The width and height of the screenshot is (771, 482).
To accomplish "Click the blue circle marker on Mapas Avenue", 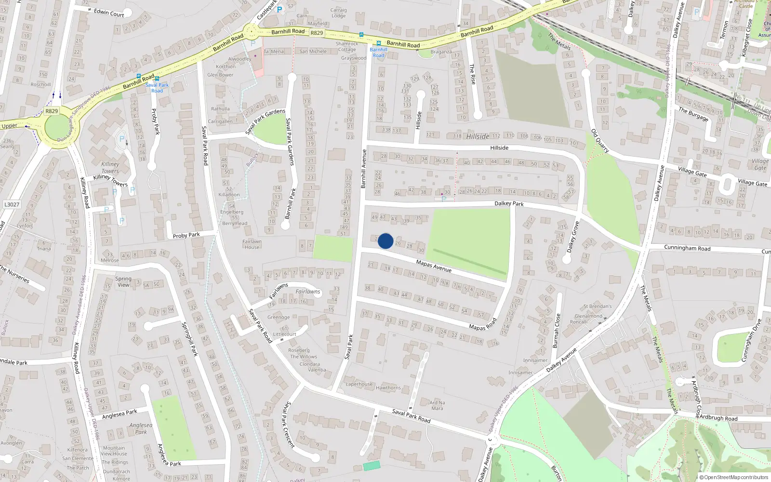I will coord(385,241).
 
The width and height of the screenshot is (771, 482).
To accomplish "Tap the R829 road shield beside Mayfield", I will coord(317,33).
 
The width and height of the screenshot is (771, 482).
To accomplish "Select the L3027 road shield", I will coord(12,204).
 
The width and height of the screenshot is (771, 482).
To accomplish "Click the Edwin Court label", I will coord(109,13).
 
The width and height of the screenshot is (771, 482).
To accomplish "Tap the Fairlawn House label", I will coord(252,244).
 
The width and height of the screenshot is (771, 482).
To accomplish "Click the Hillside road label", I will coord(499,148).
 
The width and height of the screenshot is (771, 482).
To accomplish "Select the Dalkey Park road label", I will coord(509,203).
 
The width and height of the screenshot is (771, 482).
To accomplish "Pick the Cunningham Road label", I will coord(687,248).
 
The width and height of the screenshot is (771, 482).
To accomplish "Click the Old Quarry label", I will coord(600,141).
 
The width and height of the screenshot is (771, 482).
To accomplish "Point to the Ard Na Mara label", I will coord(437,405).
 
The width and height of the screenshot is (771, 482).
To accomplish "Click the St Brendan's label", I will coord(598,306).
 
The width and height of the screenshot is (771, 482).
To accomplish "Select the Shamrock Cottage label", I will coord(347,46).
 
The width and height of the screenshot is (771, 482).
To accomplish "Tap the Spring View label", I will coord(123,281).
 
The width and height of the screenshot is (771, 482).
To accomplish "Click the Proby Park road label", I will coord(186,235).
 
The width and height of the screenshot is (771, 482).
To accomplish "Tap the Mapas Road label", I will coord(482,324).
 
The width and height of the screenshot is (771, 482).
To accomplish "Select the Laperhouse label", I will coord(359,384).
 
